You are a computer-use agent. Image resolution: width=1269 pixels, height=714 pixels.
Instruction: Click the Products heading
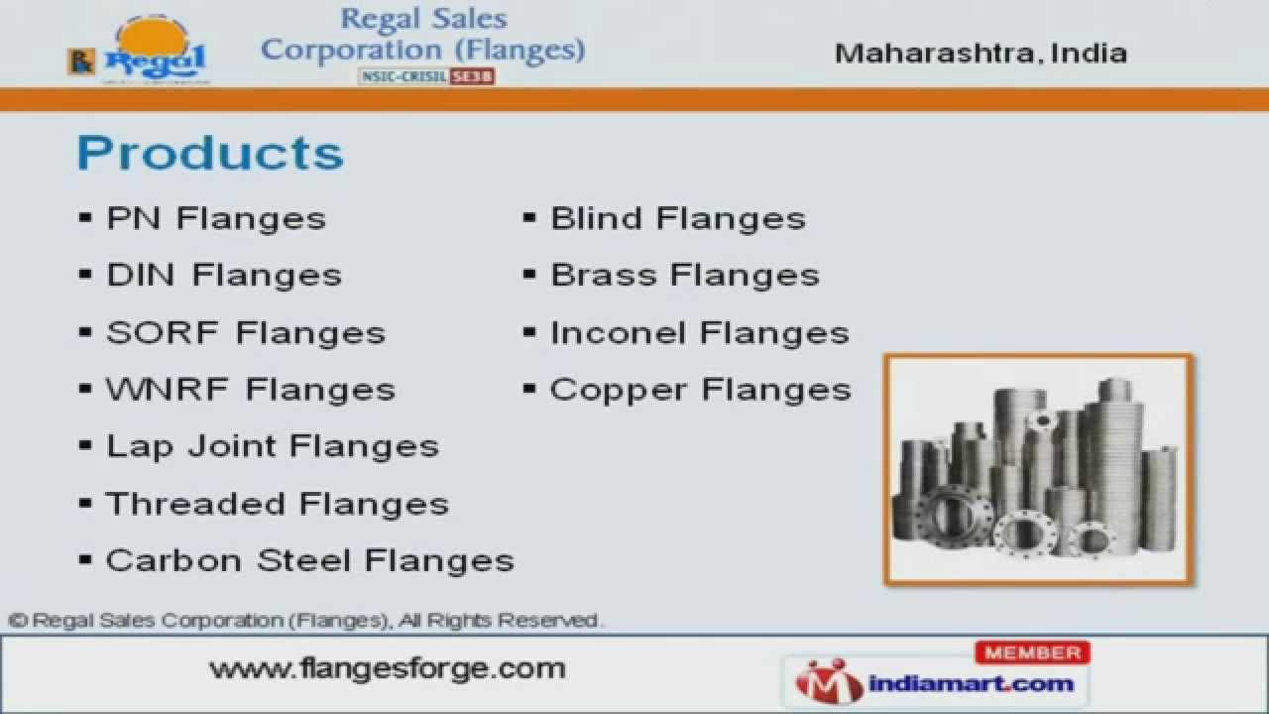click(210, 154)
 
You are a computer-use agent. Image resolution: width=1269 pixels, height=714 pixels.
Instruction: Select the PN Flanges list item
click(215, 218)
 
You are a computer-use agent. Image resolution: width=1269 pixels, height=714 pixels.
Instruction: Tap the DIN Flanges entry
click(223, 275)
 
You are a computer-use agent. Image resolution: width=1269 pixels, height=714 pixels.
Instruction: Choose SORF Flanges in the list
click(245, 332)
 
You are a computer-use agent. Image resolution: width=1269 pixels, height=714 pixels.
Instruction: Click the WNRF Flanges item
click(250, 389)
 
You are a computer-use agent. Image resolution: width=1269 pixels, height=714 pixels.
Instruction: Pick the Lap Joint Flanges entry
click(272, 446)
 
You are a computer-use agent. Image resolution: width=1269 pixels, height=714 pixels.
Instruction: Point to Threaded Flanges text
click(277, 504)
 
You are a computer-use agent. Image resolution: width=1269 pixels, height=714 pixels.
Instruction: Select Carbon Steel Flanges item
click(309, 560)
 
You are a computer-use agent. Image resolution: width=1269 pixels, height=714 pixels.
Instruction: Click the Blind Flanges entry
click(677, 218)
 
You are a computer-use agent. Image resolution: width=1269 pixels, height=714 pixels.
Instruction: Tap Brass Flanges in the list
click(684, 275)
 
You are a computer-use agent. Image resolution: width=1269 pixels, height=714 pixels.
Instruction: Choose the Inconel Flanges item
click(699, 332)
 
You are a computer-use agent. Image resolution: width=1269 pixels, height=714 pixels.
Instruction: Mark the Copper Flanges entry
click(700, 389)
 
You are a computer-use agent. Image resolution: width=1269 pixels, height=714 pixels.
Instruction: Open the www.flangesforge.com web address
click(387, 668)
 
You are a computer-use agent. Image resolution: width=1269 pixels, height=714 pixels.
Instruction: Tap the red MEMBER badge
click(1032, 653)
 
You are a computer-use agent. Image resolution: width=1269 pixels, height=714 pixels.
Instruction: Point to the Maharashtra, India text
click(981, 53)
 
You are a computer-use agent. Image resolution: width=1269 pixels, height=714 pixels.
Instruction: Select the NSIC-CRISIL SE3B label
click(425, 76)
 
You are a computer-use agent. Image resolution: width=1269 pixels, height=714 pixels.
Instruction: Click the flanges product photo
click(1039, 468)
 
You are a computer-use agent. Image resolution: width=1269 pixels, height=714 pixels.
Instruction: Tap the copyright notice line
click(305, 621)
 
